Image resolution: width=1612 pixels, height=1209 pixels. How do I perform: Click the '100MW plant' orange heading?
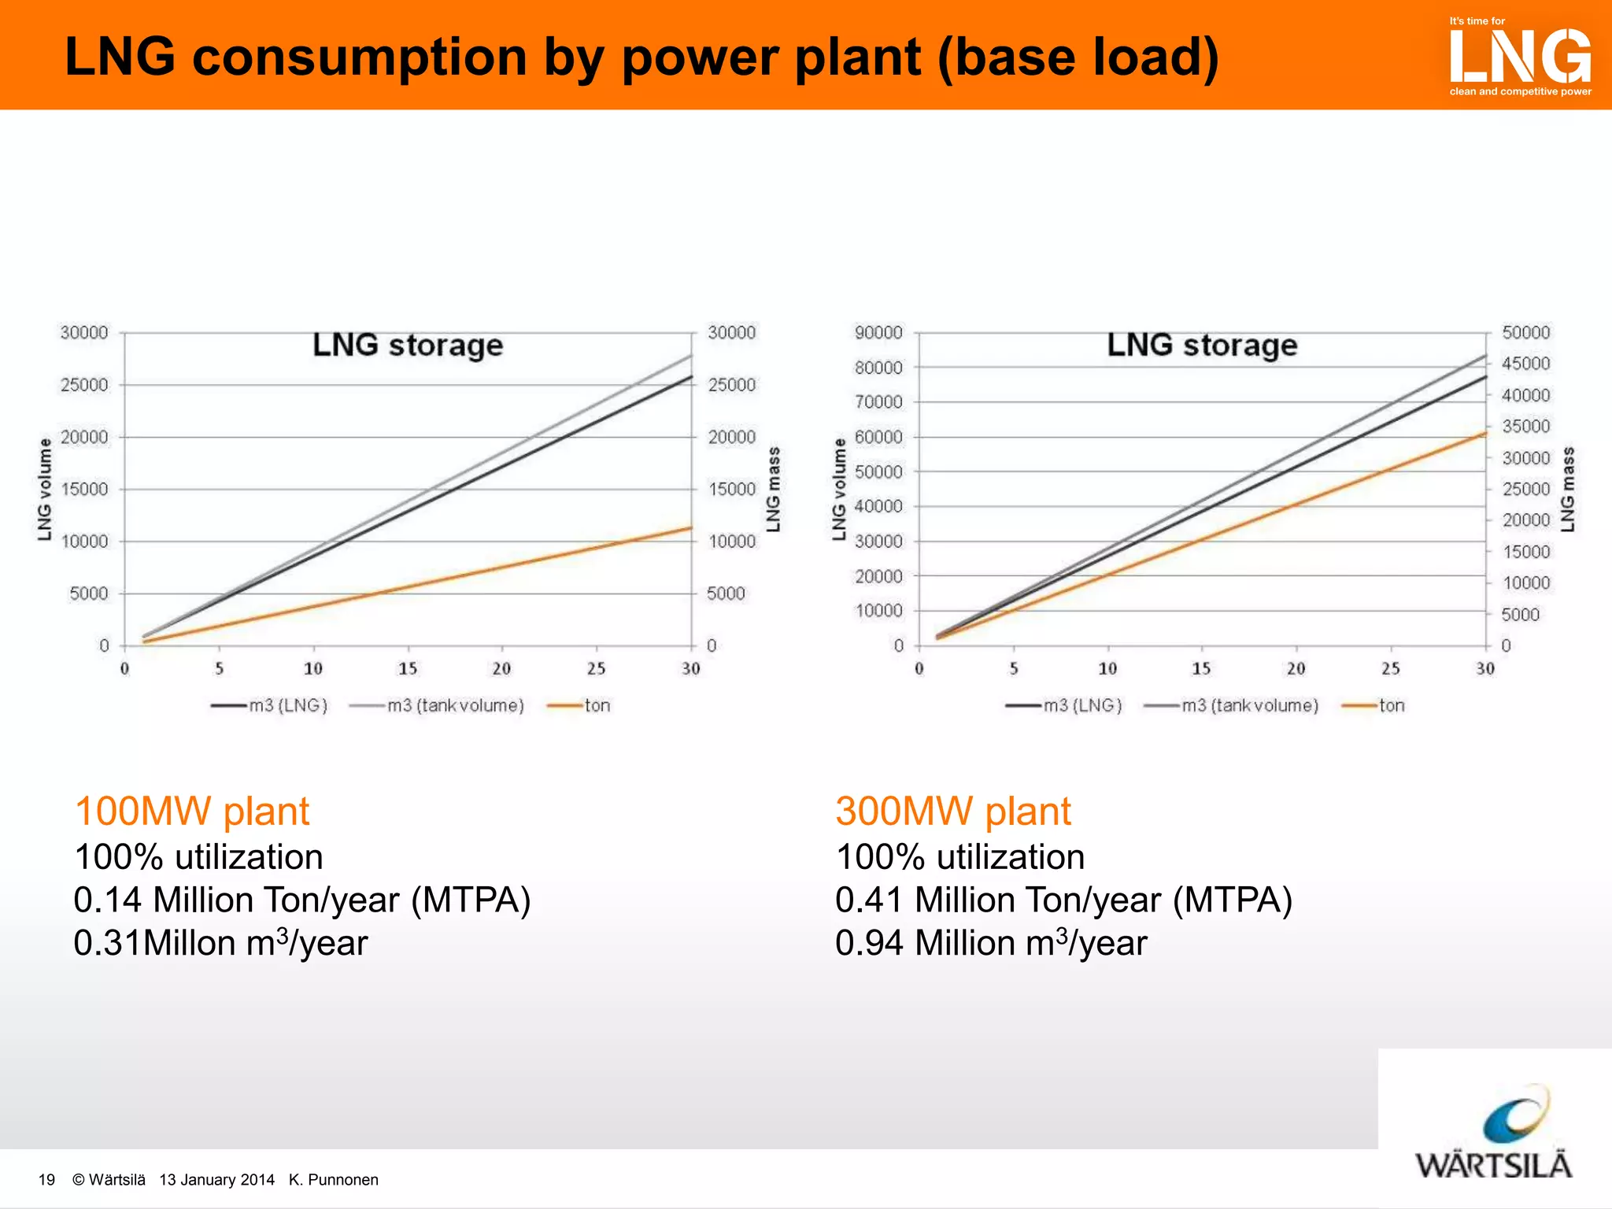pos(192,812)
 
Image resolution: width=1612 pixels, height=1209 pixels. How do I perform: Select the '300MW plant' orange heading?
pos(953,812)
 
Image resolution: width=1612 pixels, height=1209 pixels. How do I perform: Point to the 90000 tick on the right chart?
pos(878,333)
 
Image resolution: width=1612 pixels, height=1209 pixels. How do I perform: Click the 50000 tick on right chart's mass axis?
pos(1525,333)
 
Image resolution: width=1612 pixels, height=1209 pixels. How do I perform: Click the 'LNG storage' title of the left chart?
pos(408,346)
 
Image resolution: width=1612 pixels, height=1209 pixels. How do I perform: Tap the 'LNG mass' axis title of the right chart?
pos(1568,490)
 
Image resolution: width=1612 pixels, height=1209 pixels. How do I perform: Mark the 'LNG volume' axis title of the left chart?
pos(45,490)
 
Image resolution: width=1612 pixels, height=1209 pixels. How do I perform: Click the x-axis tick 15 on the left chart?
pos(408,669)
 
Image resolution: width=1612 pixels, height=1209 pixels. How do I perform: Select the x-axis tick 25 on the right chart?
pos(1391,669)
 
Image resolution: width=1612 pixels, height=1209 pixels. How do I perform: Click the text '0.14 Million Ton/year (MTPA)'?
pos(302,900)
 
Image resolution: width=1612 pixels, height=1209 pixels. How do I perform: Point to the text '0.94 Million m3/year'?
pos(991,943)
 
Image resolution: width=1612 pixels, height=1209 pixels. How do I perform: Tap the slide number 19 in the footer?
pos(46,1180)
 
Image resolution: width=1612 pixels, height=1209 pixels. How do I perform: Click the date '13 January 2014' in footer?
pos(216,1180)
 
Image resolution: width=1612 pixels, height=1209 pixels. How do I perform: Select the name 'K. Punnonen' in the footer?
pos(334,1180)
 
